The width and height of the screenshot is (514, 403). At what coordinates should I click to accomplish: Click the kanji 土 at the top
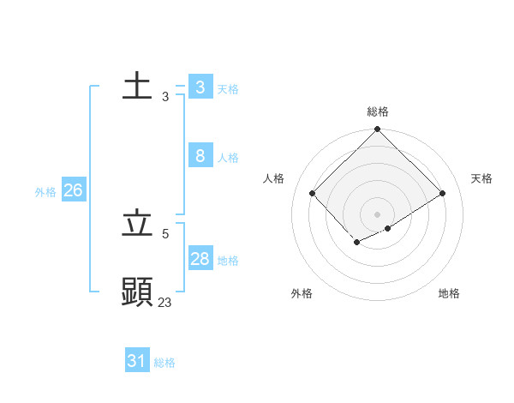coord(137,87)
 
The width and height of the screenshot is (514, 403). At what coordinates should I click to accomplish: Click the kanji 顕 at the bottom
coord(137,292)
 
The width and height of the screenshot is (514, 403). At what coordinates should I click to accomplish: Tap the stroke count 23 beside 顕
coord(164,302)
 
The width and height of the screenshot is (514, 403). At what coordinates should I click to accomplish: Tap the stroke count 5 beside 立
coord(164,233)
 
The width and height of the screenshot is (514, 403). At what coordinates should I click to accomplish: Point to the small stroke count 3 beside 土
coord(164,97)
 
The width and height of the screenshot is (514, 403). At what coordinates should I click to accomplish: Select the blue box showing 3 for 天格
coord(200,87)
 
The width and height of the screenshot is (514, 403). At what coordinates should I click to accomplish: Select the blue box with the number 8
coord(200,155)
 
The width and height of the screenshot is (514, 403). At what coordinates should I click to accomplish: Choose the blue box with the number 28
coord(200,258)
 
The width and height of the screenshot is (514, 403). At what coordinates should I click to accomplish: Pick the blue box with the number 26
coord(73,190)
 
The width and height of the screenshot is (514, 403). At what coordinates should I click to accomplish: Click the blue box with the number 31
coord(137,361)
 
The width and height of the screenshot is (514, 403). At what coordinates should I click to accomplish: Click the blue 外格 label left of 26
coord(45,192)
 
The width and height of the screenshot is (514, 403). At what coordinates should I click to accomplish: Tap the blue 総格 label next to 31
coord(164,363)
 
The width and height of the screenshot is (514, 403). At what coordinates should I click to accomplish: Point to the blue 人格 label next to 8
coord(228,158)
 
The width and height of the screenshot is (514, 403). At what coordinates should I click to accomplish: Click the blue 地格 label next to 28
coord(228,261)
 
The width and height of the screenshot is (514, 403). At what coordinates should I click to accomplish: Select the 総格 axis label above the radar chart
coord(378,111)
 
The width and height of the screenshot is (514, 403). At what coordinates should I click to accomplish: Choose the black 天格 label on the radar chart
coord(481,178)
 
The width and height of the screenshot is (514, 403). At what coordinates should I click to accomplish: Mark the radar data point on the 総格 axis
coord(378,129)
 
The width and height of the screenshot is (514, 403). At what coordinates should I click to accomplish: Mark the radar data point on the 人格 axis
coord(313,194)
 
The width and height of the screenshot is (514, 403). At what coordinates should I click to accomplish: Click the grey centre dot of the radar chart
coord(378,214)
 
